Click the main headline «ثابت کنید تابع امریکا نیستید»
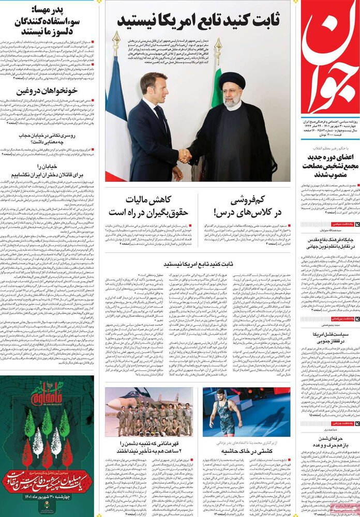[x=199, y=21]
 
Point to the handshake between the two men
[x=185, y=155]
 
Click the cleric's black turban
[x=231, y=80]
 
